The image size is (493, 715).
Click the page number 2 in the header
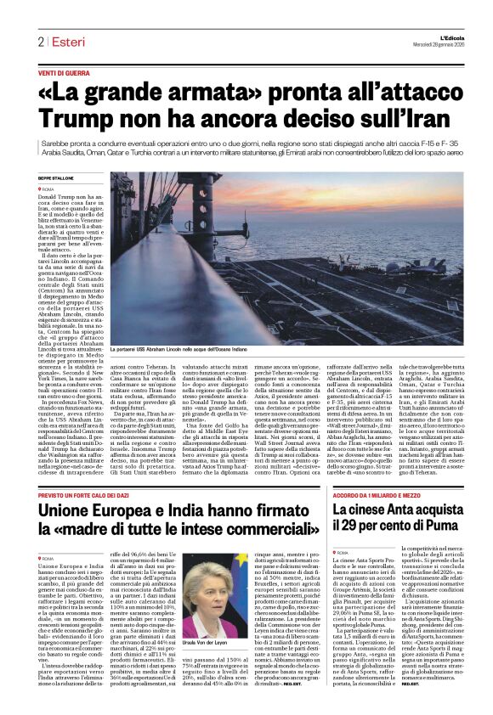40,42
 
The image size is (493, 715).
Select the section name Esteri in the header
66,42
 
